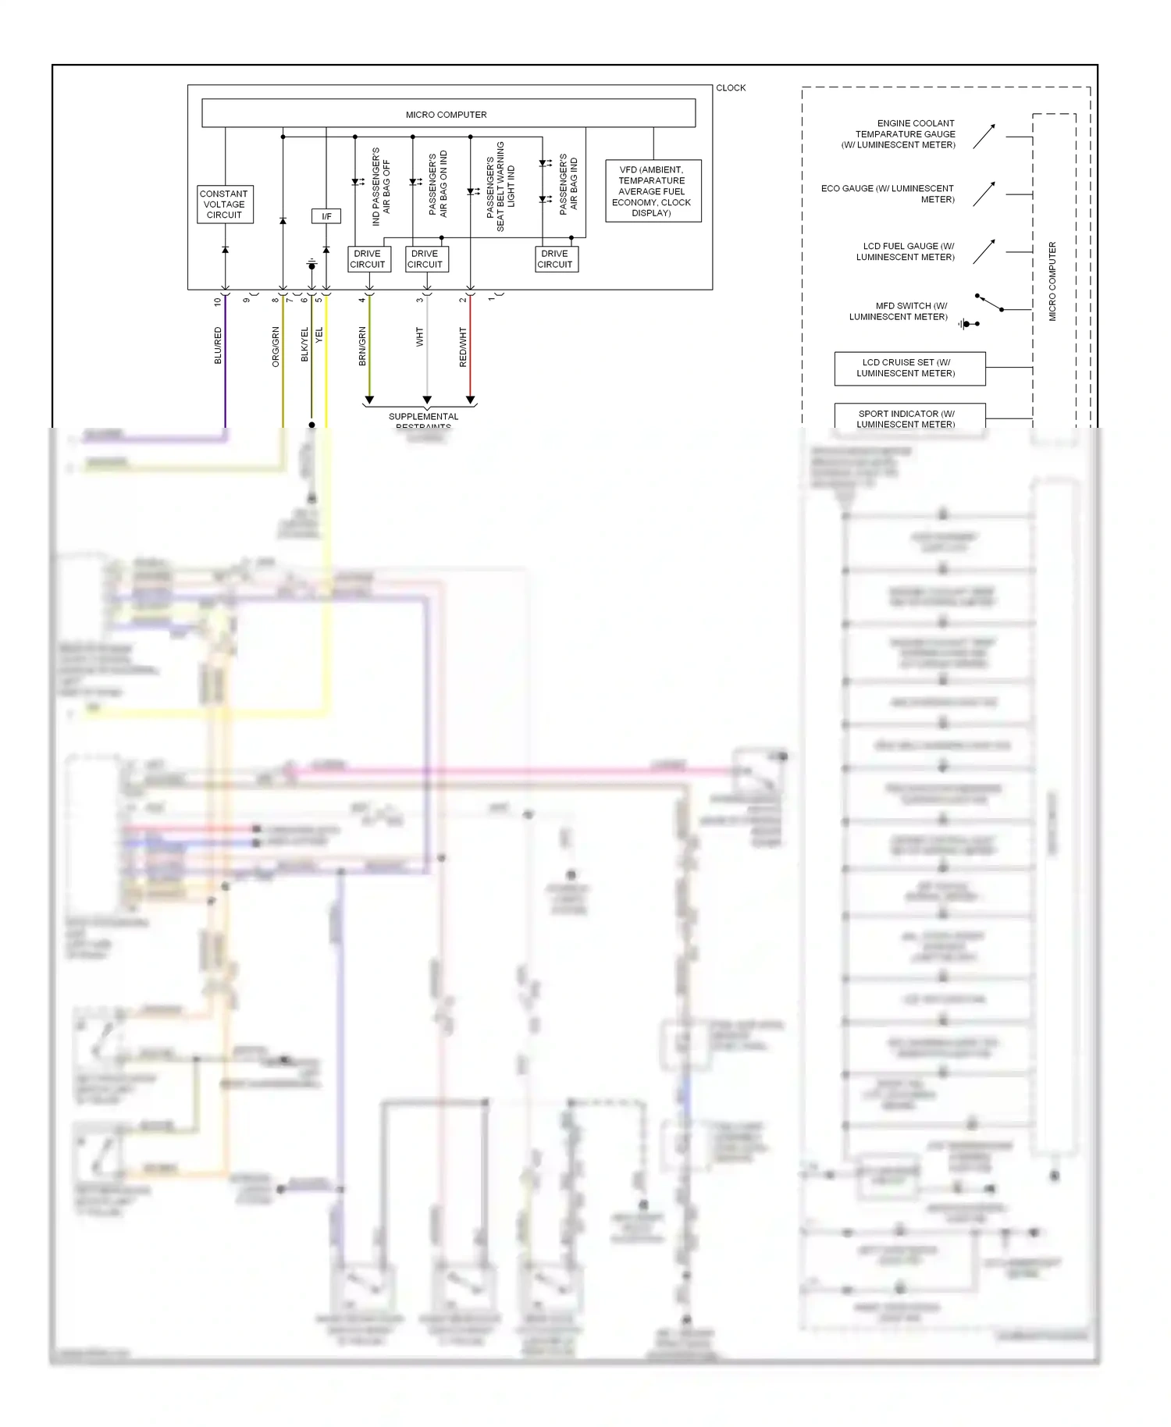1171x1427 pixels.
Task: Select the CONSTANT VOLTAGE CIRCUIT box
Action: pos(225,205)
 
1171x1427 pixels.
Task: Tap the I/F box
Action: pos(326,216)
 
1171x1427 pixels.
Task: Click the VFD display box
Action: pos(653,191)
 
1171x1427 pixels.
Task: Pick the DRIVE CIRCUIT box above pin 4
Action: pos(368,259)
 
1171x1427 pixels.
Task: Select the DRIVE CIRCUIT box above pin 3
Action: pos(426,259)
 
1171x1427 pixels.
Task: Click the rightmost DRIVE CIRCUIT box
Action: pos(556,259)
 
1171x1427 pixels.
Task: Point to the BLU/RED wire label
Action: pos(219,346)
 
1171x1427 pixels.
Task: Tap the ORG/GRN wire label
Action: pos(276,347)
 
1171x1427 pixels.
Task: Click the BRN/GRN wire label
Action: pos(362,347)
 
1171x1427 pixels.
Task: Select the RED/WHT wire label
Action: pos(463,347)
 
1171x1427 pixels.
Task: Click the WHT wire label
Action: pos(420,337)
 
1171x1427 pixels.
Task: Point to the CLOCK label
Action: pos(731,88)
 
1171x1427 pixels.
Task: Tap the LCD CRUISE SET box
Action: pos(909,368)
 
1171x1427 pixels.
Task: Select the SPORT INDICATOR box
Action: pos(909,418)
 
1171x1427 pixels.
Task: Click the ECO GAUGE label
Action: pos(888,194)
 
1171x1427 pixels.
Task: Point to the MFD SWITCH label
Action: pos(899,311)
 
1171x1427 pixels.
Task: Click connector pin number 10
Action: pos(218,301)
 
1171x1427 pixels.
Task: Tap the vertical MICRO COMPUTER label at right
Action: pos(1052,281)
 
